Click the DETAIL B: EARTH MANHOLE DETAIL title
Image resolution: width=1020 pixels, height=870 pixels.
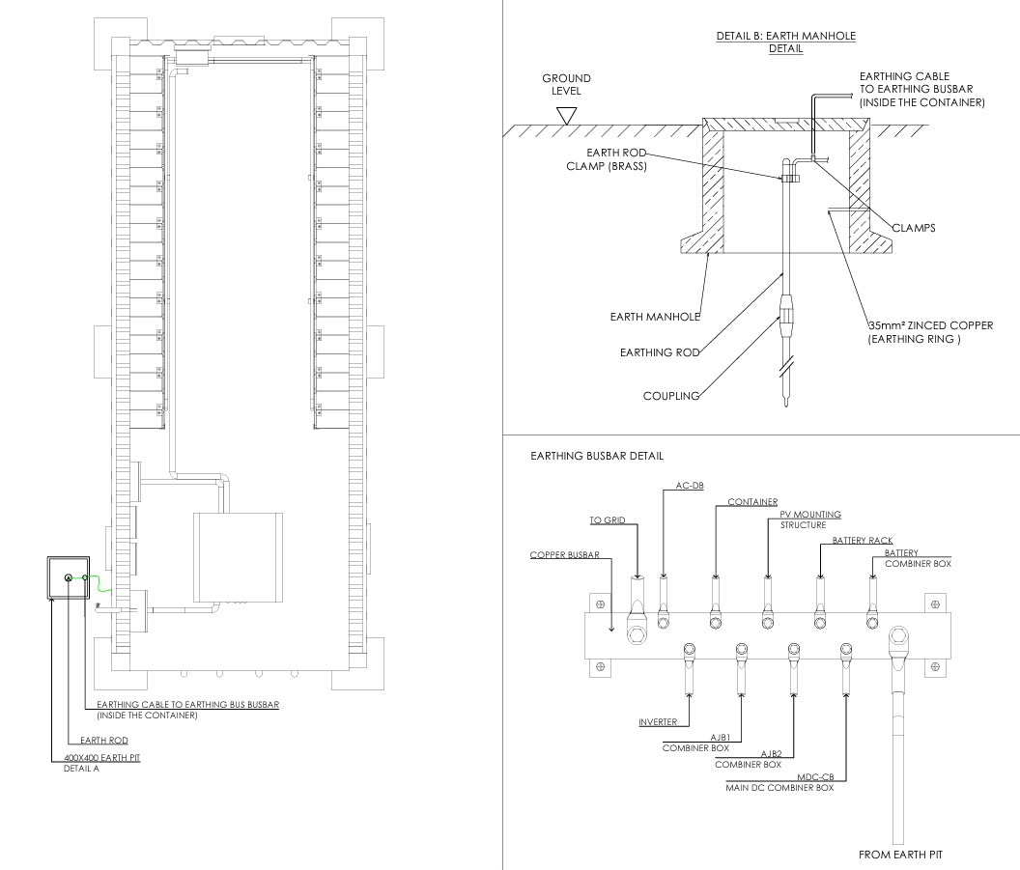pyautogui.click(x=785, y=42)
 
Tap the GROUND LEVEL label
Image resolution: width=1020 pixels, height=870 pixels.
pyautogui.click(x=566, y=84)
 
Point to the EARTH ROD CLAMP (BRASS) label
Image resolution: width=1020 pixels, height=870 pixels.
pyautogui.click(x=607, y=159)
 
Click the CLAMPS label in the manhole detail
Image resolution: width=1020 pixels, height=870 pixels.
pyautogui.click(x=914, y=229)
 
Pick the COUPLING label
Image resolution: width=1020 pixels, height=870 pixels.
pyautogui.click(x=671, y=396)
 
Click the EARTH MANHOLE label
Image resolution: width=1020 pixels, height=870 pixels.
pyautogui.click(x=655, y=317)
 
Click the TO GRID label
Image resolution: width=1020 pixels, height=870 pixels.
pyautogui.click(x=608, y=520)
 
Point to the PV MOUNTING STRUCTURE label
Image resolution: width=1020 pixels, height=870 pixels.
pyautogui.click(x=810, y=519)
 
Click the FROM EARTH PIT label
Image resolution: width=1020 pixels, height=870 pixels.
pyautogui.click(x=900, y=855)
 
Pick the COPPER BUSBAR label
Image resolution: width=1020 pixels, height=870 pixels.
pyautogui.click(x=565, y=555)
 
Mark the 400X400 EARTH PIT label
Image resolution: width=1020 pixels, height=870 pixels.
pyautogui.click(x=95, y=758)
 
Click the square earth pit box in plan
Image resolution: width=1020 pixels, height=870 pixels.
pyautogui.click(x=68, y=578)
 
